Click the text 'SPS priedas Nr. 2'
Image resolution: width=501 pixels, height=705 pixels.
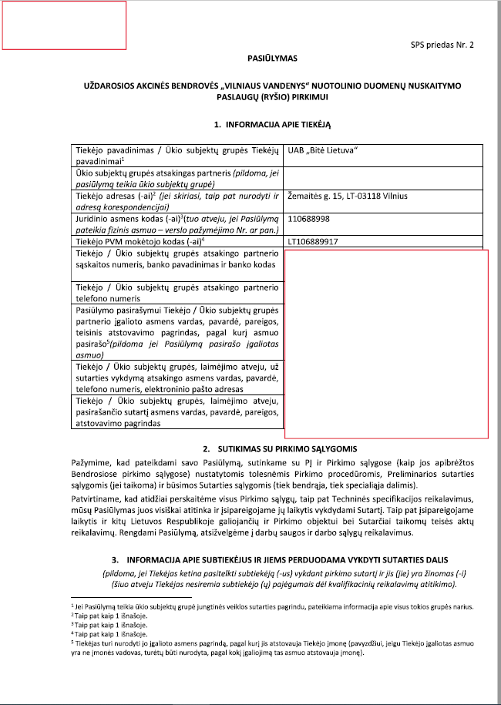click(x=442, y=45)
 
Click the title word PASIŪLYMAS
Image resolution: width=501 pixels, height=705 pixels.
click(x=271, y=58)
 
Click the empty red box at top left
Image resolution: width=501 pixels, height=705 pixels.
click(x=64, y=25)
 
